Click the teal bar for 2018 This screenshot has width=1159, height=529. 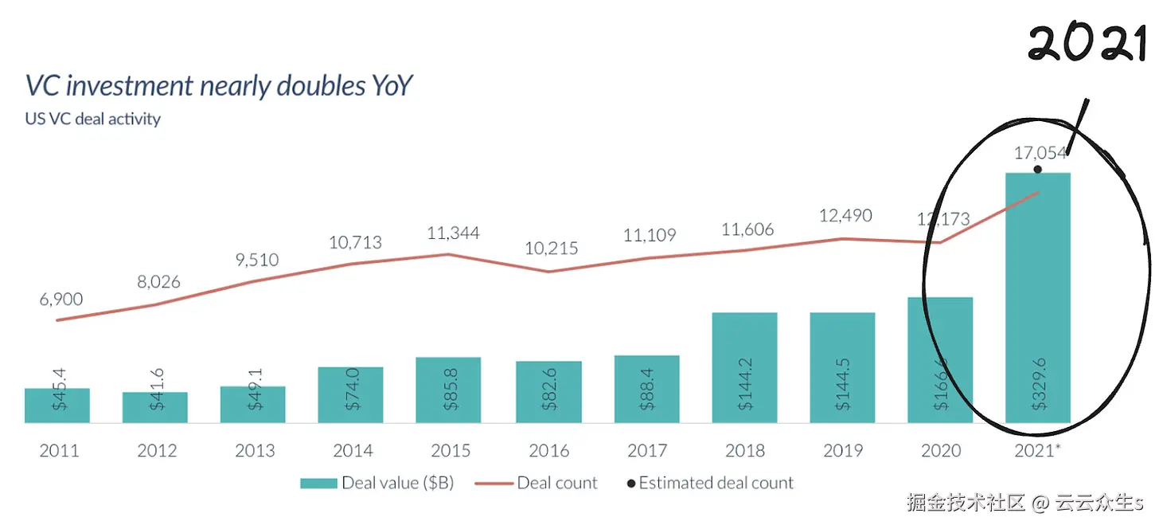(x=744, y=367)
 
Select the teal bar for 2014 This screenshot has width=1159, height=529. (x=350, y=394)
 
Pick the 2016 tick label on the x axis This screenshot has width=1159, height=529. (x=548, y=451)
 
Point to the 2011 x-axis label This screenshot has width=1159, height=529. (x=59, y=451)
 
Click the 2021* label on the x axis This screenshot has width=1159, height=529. (x=1038, y=451)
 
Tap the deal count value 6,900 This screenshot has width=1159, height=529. (x=61, y=300)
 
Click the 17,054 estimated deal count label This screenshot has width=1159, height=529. (x=1040, y=152)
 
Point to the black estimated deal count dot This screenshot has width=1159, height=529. (x=1037, y=170)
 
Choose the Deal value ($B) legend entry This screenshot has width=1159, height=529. (x=377, y=483)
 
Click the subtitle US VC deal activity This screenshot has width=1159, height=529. (x=93, y=120)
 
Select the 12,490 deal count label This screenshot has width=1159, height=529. (x=845, y=216)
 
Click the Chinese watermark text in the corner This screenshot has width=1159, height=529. (x=1024, y=504)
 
